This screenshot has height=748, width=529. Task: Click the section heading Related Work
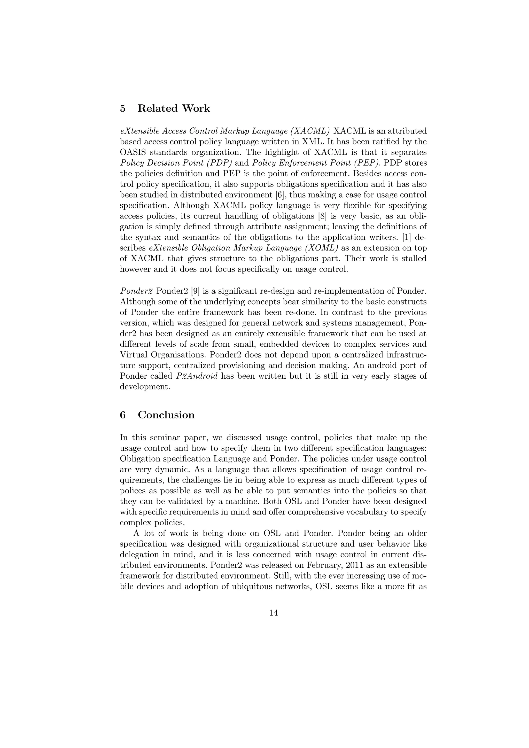click(x=174, y=108)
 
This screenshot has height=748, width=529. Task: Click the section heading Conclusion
click(x=166, y=415)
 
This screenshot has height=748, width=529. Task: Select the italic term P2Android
click(x=196, y=376)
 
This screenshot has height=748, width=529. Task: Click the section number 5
click(x=123, y=108)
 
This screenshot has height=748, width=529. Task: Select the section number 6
click(x=123, y=415)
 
